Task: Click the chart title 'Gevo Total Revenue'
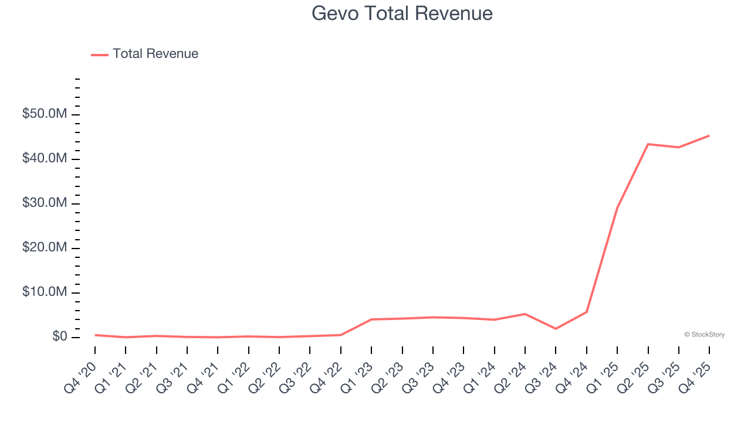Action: (402, 13)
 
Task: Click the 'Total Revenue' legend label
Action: (155, 54)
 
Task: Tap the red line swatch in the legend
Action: (100, 55)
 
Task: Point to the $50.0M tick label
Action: (45, 114)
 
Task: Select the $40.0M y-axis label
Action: (45, 158)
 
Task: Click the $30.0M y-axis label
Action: (45, 203)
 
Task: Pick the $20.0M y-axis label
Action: (45, 248)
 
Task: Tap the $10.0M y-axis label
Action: (45, 292)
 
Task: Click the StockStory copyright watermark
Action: (704, 335)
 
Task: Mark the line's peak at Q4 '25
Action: (709, 135)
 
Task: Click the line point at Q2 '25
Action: (648, 144)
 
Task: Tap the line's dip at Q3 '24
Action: (556, 329)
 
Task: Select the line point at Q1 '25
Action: (617, 208)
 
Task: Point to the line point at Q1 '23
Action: (371, 319)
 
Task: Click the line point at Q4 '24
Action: (587, 312)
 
